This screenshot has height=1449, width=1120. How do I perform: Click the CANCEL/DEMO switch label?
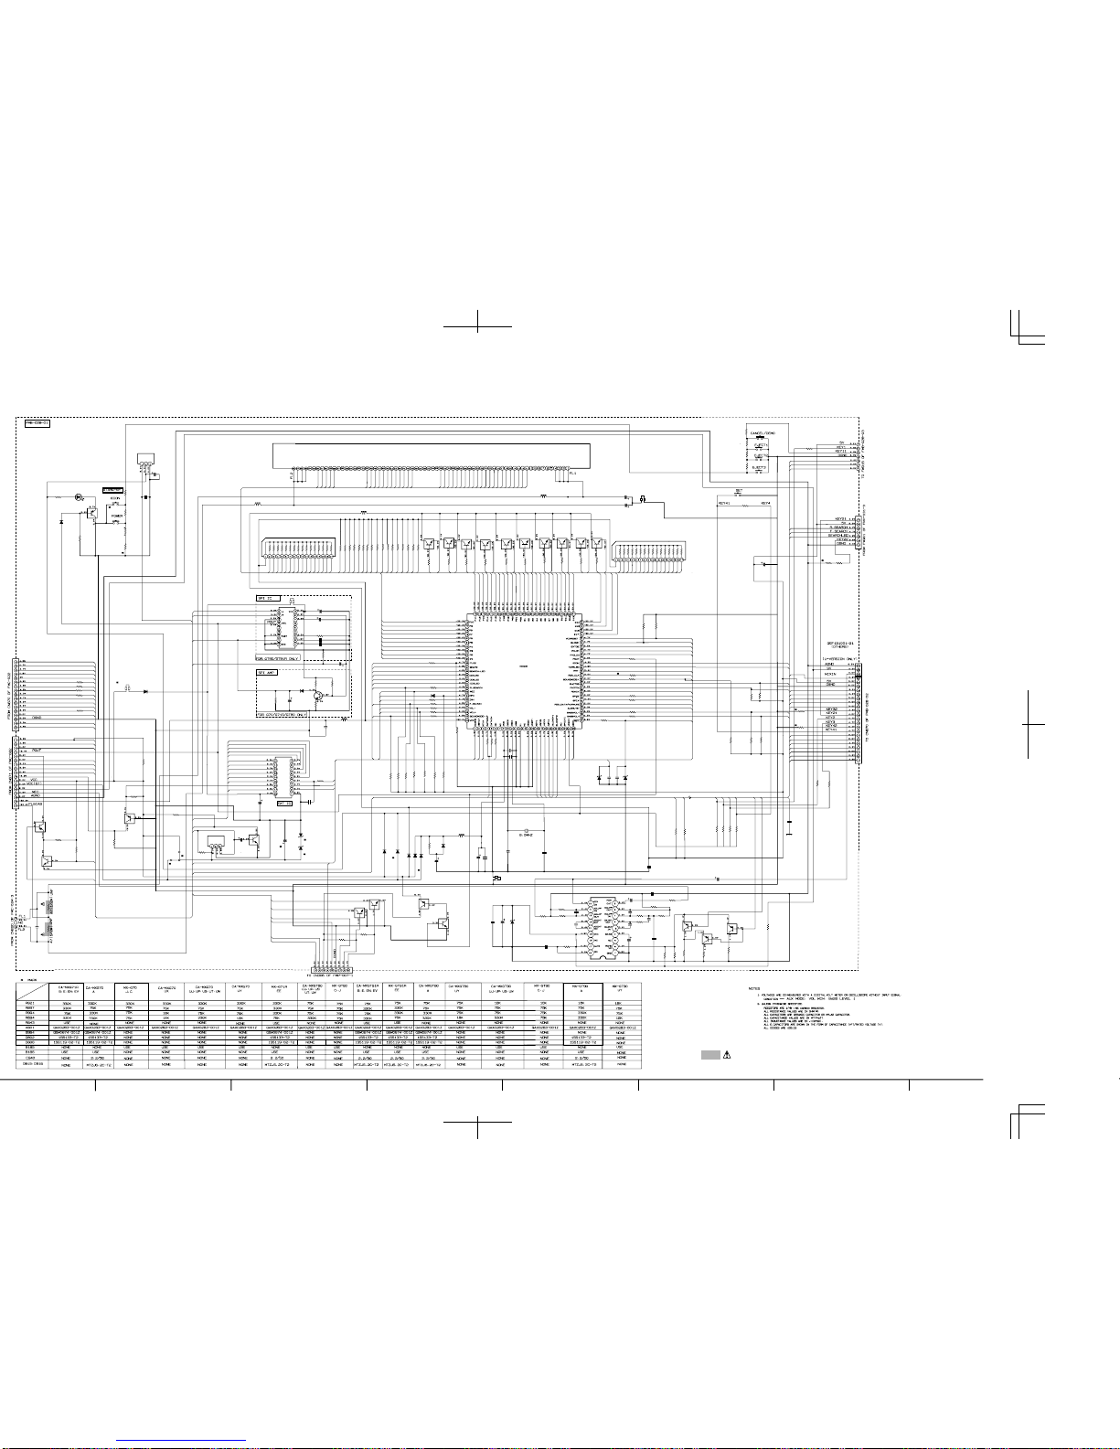pyautogui.click(x=763, y=432)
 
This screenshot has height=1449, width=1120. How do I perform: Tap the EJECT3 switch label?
pyautogui.click(x=761, y=466)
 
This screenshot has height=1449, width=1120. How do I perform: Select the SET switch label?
pyautogui.click(x=739, y=490)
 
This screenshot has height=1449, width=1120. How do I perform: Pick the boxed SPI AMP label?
pyautogui.click(x=267, y=672)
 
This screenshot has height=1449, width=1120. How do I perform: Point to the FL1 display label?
pyautogui.click(x=572, y=474)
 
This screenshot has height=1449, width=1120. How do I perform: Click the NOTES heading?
pyautogui.click(x=753, y=988)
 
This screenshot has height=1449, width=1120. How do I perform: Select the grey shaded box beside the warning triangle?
pyautogui.click(x=711, y=1054)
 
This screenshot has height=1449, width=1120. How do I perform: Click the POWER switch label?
pyautogui.click(x=116, y=517)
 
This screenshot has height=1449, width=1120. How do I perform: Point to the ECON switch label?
pyautogui.click(x=115, y=497)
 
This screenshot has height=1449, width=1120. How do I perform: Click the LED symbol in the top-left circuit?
pyautogui.click(x=78, y=497)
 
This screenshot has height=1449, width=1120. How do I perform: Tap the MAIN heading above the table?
pyautogui.click(x=32, y=981)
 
